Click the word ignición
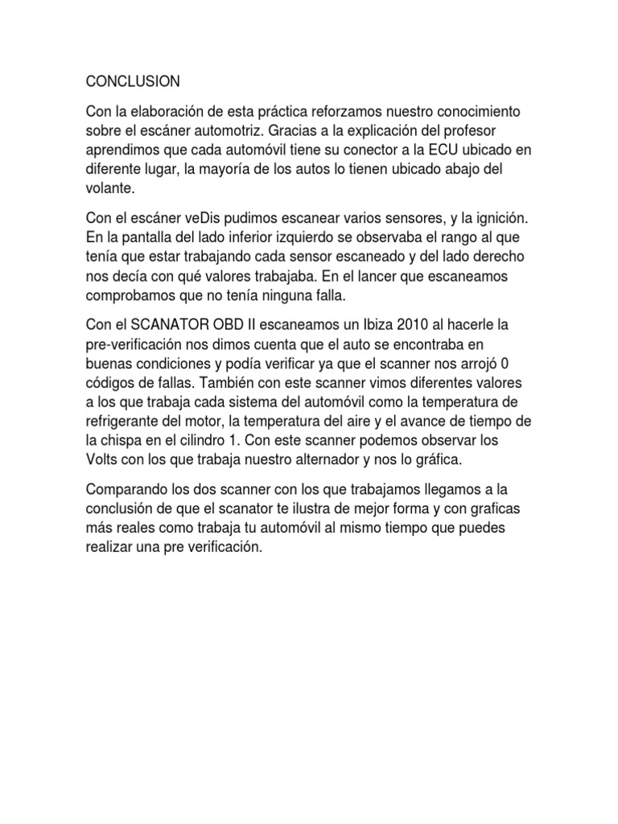pos(502,220)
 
